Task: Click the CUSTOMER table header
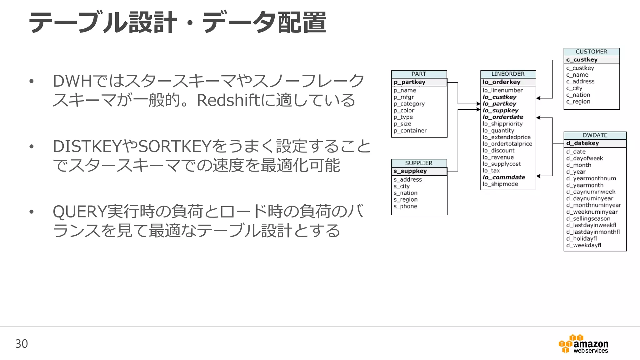click(591, 52)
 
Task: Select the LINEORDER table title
click(508, 74)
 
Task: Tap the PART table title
click(419, 74)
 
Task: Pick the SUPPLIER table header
click(419, 163)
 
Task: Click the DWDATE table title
click(595, 135)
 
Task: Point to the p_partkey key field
click(409, 82)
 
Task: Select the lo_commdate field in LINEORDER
click(503, 177)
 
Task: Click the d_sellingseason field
click(588, 219)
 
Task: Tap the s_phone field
click(405, 207)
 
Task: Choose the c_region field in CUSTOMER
click(578, 102)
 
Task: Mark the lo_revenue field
click(498, 157)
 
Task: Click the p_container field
click(410, 131)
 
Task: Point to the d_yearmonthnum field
click(591, 178)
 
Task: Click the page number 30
click(22, 344)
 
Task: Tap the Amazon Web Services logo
click(583, 344)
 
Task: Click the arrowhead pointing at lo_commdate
click(538, 176)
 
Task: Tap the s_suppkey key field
click(410, 171)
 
